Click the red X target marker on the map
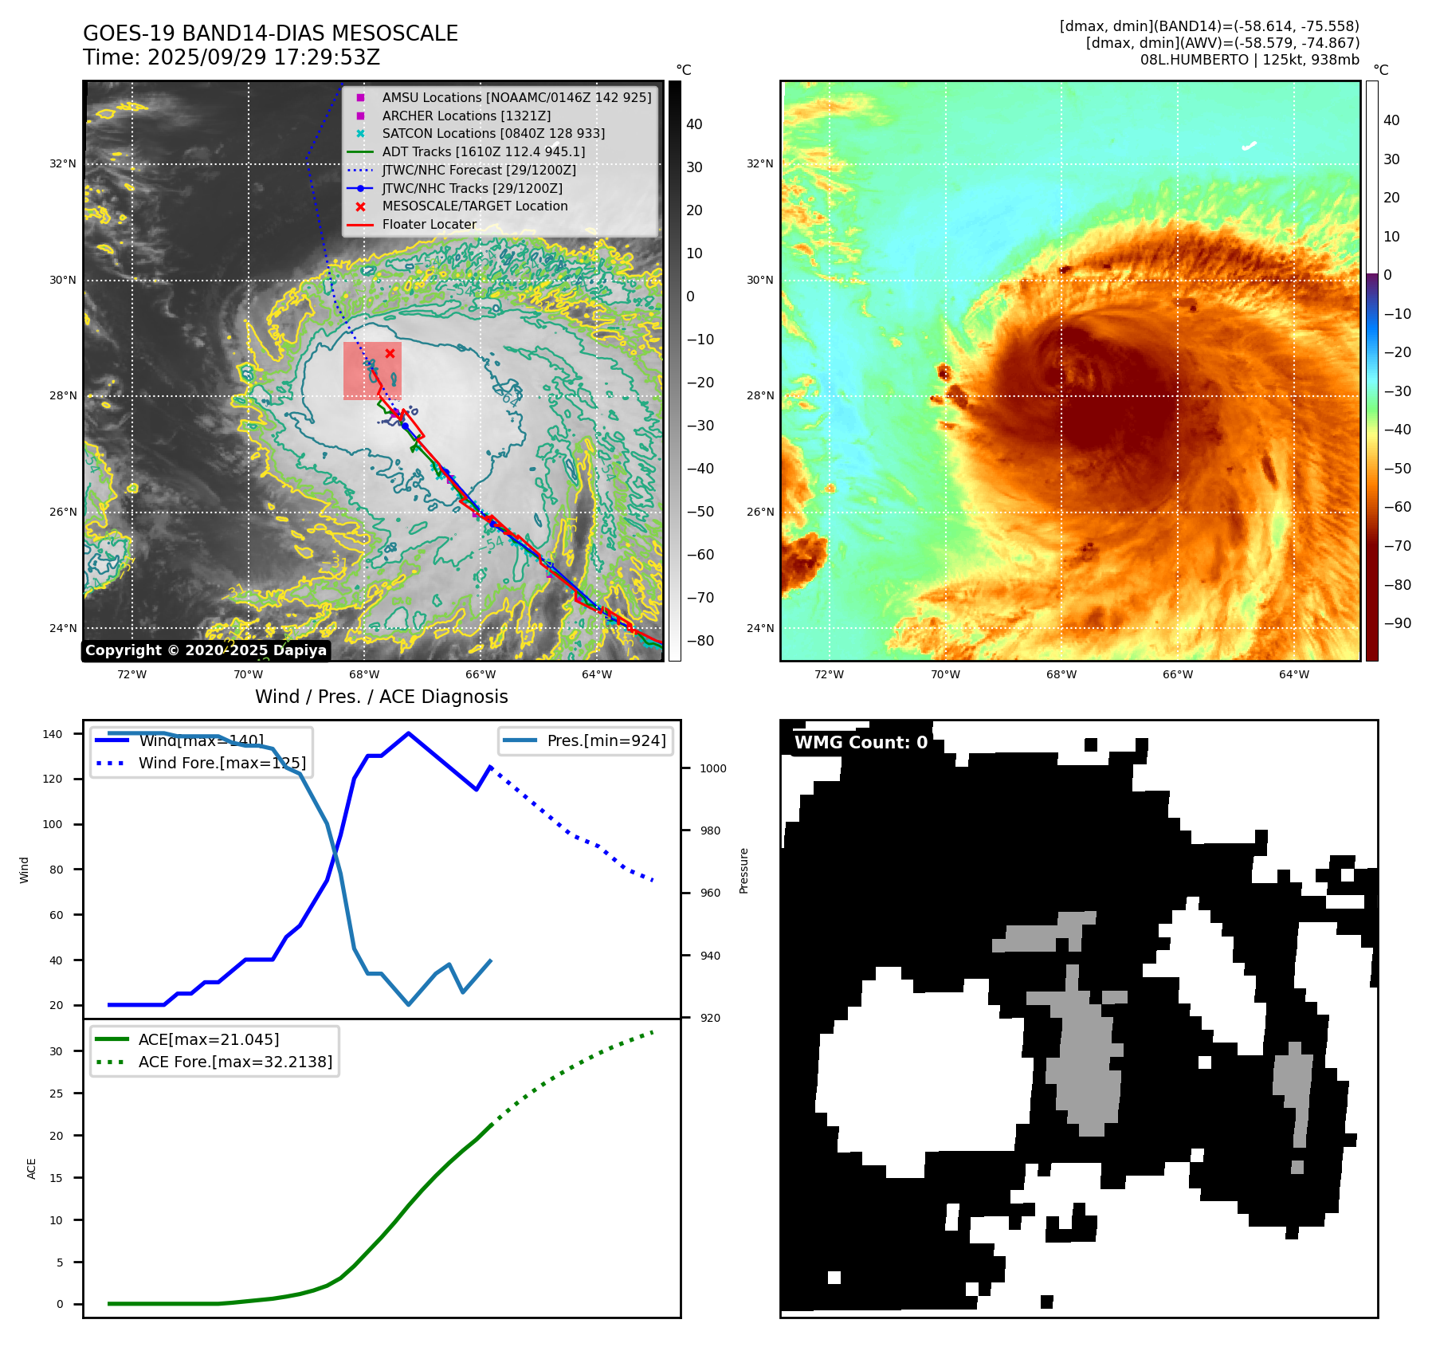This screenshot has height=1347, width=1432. coord(390,354)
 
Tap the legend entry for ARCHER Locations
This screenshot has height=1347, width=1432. coord(465,116)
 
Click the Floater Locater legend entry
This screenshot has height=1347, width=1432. coord(429,225)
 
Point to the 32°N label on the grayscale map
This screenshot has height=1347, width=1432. coord(63,164)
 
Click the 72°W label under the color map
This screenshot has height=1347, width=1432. coord(829,675)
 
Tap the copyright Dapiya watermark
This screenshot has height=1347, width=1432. coord(206,650)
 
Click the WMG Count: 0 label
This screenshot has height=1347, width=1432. coord(861,743)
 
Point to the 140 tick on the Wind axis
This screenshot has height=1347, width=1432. coord(53,734)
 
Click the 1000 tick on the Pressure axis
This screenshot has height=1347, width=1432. coord(713,768)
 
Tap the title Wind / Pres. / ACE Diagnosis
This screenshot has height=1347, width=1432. coord(381,697)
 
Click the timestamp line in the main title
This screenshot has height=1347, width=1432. coord(231,58)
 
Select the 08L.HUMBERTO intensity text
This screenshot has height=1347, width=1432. coord(1250,60)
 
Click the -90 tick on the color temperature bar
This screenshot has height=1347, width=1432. coord(1397,623)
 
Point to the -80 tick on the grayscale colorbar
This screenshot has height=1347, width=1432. coord(700,641)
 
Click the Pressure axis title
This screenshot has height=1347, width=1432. coord(743,870)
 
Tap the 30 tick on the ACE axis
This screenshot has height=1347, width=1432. coord(56,1051)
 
